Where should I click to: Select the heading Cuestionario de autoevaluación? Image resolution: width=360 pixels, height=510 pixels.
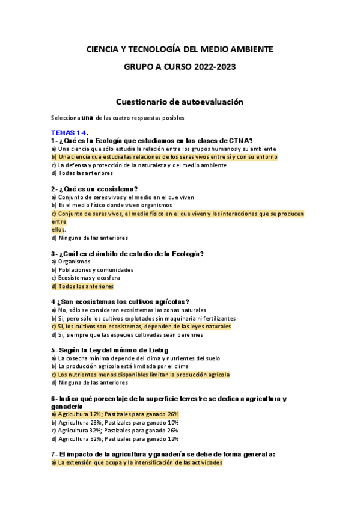click(x=179, y=102)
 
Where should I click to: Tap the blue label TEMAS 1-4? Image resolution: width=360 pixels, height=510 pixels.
click(x=70, y=132)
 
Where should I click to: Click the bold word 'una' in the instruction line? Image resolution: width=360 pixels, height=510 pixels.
click(x=87, y=117)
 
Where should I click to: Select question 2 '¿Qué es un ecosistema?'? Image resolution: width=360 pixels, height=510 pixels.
click(x=95, y=189)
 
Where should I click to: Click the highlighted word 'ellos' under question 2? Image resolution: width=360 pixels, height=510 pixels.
click(x=58, y=229)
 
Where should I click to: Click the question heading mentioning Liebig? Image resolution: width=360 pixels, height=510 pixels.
click(x=110, y=350)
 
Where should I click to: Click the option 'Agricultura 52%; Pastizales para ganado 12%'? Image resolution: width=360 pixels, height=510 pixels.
click(x=115, y=439)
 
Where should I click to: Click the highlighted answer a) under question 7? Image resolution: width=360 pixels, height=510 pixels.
click(x=136, y=463)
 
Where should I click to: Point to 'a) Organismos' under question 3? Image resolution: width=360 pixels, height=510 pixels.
click(x=71, y=262)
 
